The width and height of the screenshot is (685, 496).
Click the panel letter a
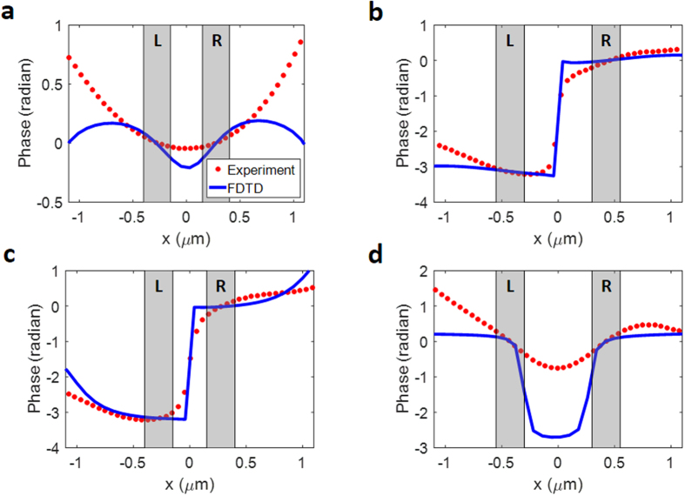(12, 12)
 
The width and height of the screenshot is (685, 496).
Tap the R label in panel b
(606, 40)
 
